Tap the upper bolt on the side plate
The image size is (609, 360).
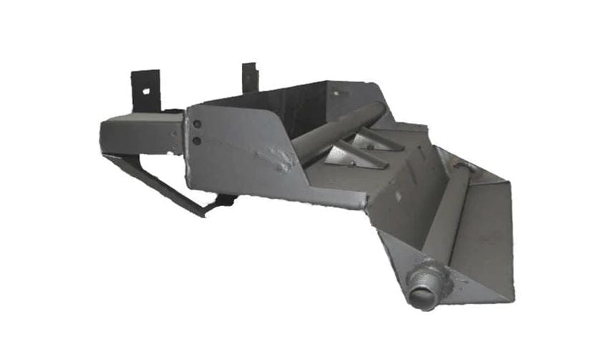(x=197, y=125)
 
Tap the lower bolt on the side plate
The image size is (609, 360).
(x=197, y=140)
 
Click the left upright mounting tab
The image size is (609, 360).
(x=146, y=89)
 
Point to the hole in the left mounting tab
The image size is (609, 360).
(x=145, y=91)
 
